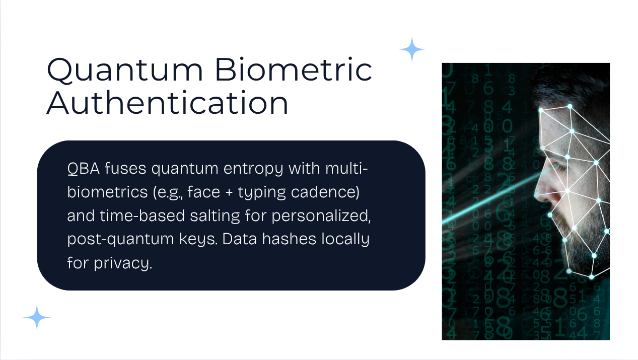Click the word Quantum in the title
click(125, 70)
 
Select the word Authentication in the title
click(167, 103)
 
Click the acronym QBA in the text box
click(84, 169)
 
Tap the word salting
click(215, 216)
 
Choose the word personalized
click(321, 216)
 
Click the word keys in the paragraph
click(198, 240)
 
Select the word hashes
click(289, 239)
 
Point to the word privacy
click(123, 263)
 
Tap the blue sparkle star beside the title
click(412, 49)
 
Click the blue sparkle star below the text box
click(37, 317)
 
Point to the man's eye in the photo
click(559, 166)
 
